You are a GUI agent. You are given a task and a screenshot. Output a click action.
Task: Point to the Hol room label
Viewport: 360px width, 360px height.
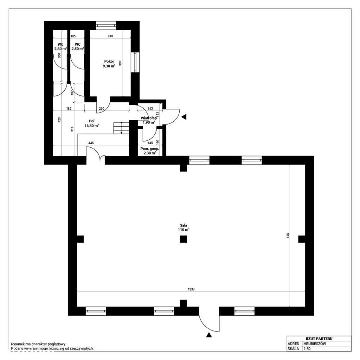click(x=91, y=121)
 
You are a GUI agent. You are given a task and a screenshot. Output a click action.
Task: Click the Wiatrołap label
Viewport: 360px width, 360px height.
click(x=148, y=118)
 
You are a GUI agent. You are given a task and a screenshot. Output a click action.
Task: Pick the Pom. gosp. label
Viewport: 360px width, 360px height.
click(x=149, y=148)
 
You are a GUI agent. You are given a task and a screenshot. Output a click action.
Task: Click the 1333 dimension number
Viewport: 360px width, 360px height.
click(x=191, y=289)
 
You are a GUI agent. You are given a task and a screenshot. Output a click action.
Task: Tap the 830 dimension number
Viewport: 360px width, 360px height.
click(x=288, y=235)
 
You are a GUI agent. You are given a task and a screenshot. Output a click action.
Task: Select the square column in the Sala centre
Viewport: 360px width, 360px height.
click(x=183, y=239)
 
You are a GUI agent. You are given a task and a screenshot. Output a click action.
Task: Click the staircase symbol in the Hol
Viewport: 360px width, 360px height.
click(x=121, y=128)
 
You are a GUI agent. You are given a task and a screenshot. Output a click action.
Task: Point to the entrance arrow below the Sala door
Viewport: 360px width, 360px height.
click(x=209, y=335)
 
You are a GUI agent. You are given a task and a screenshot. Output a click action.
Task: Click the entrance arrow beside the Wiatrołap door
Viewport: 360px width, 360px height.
click(x=184, y=117)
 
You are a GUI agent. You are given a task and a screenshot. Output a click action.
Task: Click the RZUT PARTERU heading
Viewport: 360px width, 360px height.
click(x=319, y=338)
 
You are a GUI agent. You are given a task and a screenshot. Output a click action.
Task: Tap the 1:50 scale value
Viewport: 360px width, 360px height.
click(x=307, y=349)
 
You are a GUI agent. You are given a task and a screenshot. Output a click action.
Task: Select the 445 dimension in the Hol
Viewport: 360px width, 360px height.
click(x=91, y=143)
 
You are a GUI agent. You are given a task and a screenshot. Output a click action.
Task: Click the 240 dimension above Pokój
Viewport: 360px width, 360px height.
click(x=111, y=36)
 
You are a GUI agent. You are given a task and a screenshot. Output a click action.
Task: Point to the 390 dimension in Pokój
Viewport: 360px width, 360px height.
click(x=121, y=63)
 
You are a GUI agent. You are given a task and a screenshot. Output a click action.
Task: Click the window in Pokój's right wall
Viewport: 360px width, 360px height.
click(x=136, y=62)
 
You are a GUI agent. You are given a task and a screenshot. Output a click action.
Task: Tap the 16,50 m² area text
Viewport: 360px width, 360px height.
click(x=91, y=126)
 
